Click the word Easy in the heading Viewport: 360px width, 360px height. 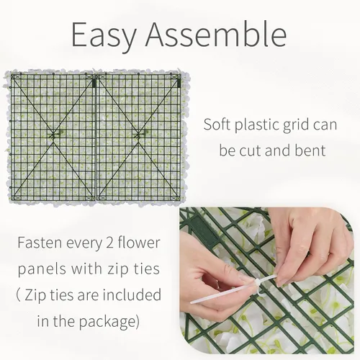pos(104,35)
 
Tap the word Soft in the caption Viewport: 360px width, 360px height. pos(217,125)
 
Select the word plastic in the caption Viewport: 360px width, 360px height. pos(258,125)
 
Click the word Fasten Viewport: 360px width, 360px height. pos(40,243)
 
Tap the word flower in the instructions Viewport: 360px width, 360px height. pos(139,243)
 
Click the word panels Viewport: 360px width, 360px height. pos(42,269)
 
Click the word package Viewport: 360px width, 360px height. pos(109,322)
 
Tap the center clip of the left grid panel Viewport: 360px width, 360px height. pos(55,135)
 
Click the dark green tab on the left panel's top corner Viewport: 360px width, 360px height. pos(94,83)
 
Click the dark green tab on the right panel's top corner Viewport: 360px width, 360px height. pos(179,83)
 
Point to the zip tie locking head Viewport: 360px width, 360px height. pos(257,283)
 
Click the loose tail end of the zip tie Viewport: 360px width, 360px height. pos(192,302)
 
